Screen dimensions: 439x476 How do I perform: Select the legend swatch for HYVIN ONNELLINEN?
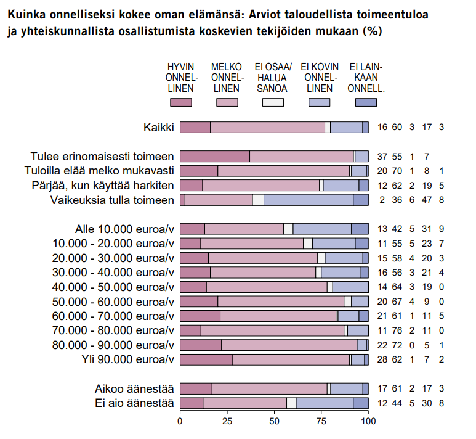point(180,103)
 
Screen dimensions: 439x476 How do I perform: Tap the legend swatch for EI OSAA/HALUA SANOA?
point(273,103)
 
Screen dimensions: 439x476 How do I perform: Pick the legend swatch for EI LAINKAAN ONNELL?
point(366,103)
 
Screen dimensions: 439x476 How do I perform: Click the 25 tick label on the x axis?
point(227,422)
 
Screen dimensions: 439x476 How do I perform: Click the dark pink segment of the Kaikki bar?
point(195,128)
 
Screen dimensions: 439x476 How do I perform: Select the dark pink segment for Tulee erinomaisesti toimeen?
point(214,157)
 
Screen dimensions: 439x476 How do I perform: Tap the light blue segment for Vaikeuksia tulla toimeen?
point(308,200)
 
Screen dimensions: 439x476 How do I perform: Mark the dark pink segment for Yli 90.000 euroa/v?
point(206,359)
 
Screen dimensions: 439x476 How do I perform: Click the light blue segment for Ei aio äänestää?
point(324,403)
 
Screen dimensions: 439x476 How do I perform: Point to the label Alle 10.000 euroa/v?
point(124,229)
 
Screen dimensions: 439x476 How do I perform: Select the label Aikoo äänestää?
point(134,389)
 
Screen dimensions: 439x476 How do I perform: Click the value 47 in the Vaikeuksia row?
point(426,200)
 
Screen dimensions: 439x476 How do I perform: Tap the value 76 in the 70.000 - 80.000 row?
point(397,330)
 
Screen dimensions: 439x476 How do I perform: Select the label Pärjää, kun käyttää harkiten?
point(102,185)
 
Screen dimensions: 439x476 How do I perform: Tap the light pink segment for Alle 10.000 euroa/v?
point(244,229)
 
